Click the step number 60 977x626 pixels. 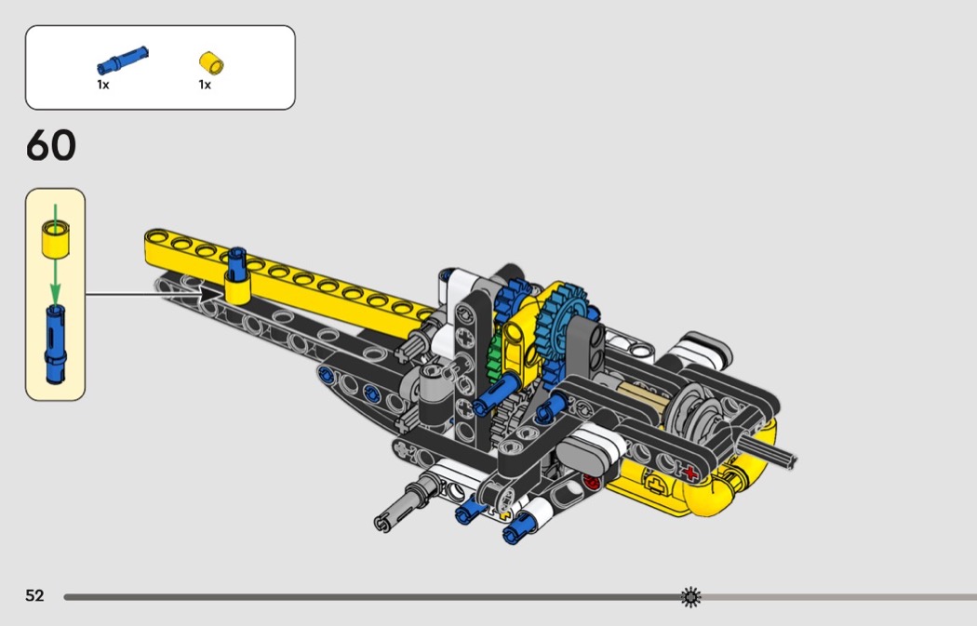51,145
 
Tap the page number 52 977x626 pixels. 35,595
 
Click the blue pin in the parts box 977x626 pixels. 123,60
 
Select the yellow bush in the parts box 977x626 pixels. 211,63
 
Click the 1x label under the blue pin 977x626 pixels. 102,84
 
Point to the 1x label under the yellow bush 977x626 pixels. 205,84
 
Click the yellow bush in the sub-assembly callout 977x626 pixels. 55,238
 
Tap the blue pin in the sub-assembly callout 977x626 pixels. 55,344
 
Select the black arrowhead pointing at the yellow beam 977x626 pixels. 212,293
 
